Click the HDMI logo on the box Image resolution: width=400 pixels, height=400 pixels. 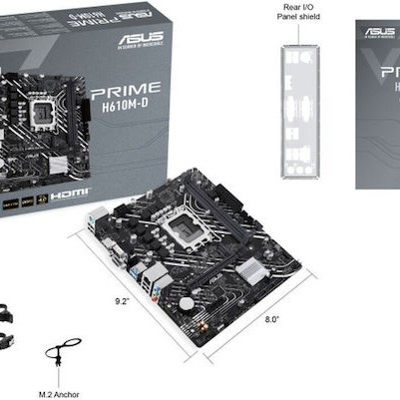click(73, 192)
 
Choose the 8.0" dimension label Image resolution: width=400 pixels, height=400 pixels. click(272, 319)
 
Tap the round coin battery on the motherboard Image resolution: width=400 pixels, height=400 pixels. click(186, 302)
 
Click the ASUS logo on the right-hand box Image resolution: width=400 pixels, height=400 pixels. click(380, 33)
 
